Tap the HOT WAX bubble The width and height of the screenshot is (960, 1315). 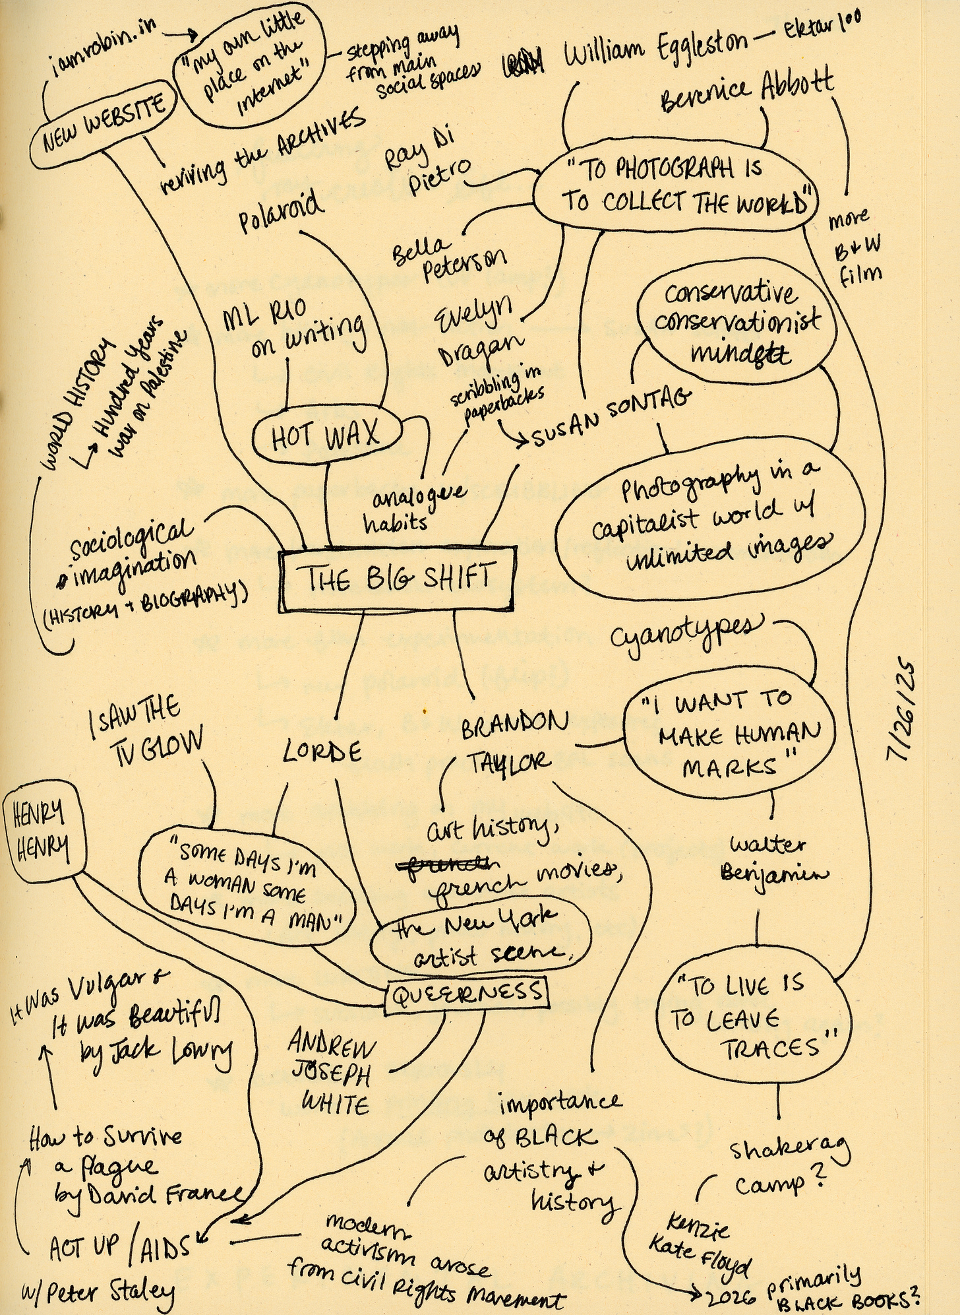(x=327, y=435)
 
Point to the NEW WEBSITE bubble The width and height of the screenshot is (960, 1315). (x=104, y=129)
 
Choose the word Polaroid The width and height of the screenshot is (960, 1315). (x=282, y=212)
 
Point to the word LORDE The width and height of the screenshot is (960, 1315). (x=322, y=751)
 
